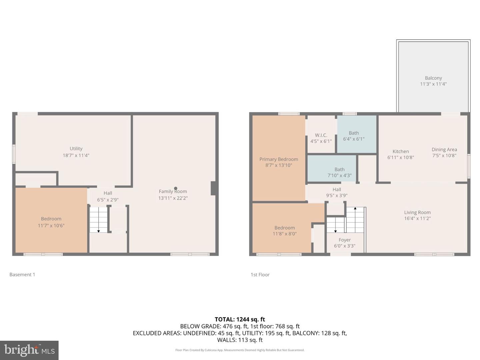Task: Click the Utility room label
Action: click(76, 149)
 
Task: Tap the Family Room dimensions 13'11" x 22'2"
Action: click(173, 198)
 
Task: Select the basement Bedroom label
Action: click(51, 219)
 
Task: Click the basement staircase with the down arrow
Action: click(98, 220)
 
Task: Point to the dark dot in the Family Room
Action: click(176, 188)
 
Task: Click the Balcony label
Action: click(433, 78)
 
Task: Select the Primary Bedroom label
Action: click(279, 159)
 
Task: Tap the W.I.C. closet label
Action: click(321, 135)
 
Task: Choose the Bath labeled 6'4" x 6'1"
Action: click(354, 136)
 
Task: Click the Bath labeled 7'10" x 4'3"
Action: click(339, 172)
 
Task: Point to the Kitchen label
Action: click(400, 151)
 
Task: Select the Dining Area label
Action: click(444, 150)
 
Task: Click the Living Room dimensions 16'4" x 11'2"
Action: click(417, 219)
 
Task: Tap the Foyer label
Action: click(345, 240)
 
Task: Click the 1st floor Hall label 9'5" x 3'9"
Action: click(337, 192)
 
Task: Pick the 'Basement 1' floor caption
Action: click(22, 275)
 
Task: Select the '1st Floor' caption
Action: click(260, 275)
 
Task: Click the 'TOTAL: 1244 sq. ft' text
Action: click(240, 319)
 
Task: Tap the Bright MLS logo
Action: click(29, 350)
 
